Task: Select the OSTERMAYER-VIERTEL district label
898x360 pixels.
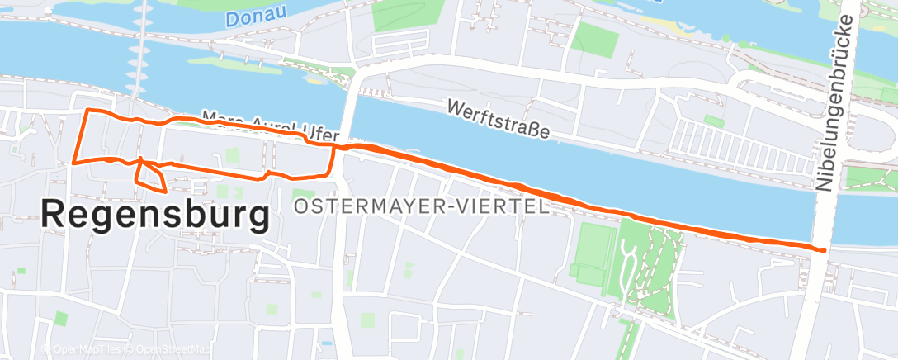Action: [x=421, y=206]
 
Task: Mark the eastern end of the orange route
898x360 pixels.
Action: [x=823, y=249]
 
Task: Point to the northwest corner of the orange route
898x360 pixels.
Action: [x=87, y=110]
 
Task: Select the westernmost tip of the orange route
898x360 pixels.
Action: [x=74, y=162]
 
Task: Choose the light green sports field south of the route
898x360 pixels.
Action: [x=593, y=244]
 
